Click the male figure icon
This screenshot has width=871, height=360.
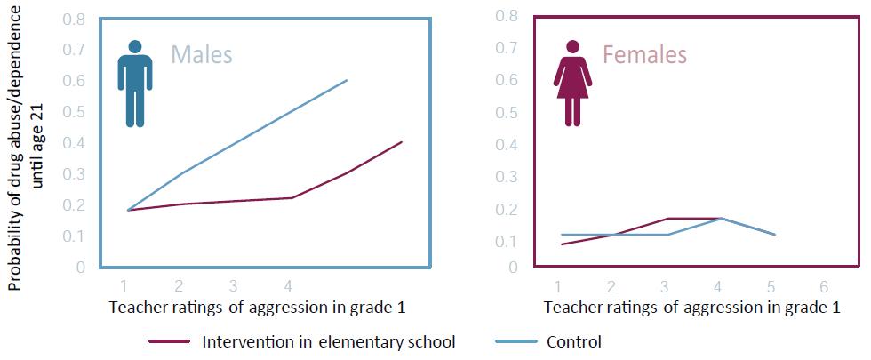(x=135, y=83)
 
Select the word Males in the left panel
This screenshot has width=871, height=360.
(x=202, y=55)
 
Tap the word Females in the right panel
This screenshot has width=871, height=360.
(x=644, y=55)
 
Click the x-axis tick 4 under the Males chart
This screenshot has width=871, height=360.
(x=287, y=287)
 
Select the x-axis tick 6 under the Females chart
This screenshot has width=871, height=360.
(x=824, y=287)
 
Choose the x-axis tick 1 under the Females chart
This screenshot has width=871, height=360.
(x=558, y=287)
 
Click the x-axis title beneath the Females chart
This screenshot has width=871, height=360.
(x=691, y=308)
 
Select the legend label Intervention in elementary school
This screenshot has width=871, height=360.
(x=329, y=341)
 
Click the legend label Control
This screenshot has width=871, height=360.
(x=574, y=341)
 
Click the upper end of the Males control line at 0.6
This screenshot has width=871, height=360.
(x=347, y=80)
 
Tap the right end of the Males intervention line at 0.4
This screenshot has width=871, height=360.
(x=402, y=142)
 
